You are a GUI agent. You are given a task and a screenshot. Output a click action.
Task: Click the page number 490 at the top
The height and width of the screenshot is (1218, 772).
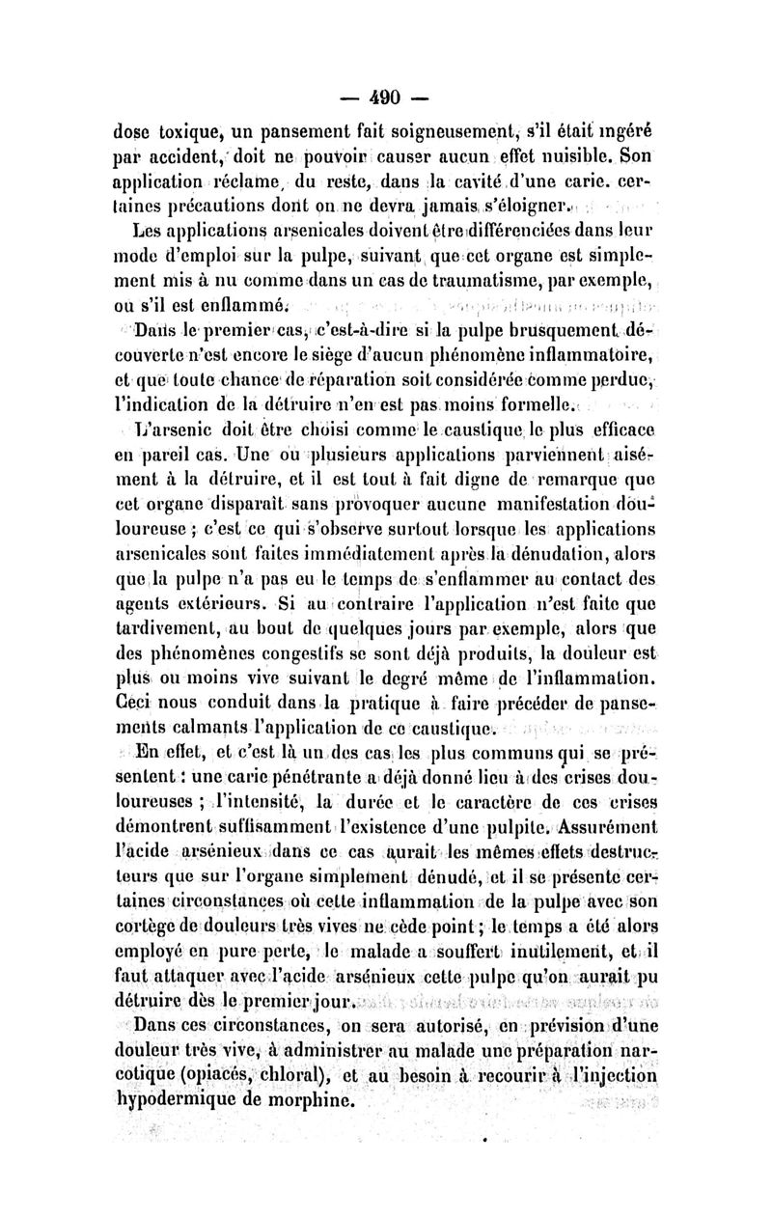pos(384,97)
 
